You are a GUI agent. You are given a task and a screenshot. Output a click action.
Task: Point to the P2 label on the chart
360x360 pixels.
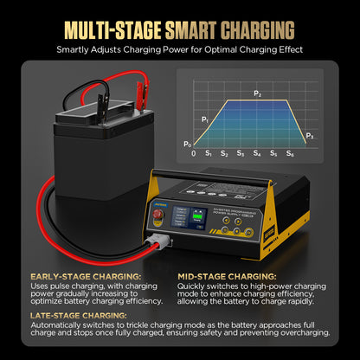point(257,92)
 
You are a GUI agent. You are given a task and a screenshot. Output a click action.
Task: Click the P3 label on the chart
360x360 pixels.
point(310,136)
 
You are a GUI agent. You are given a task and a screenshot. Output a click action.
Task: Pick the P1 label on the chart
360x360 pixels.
point(204,118)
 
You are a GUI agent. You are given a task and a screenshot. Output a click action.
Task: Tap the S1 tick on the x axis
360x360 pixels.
point(208,153)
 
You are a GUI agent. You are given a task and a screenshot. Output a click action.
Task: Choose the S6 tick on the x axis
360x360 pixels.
point(291,153)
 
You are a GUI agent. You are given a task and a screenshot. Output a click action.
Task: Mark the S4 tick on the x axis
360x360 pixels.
point(257,153)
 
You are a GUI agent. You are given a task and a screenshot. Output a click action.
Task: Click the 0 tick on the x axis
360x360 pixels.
point(193,153)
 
